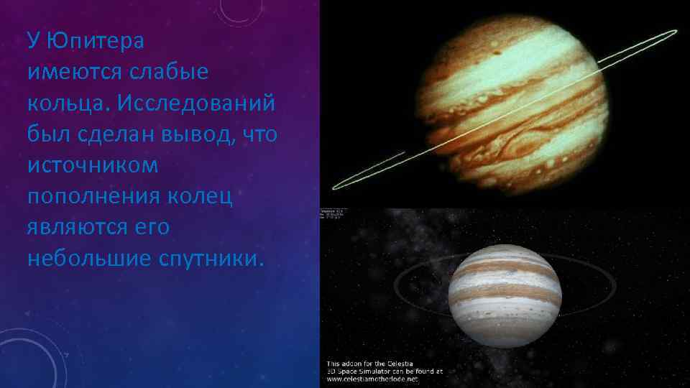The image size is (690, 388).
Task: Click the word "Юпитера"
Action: pos(96,40)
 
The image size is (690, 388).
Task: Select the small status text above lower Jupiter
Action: pos(333,214)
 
